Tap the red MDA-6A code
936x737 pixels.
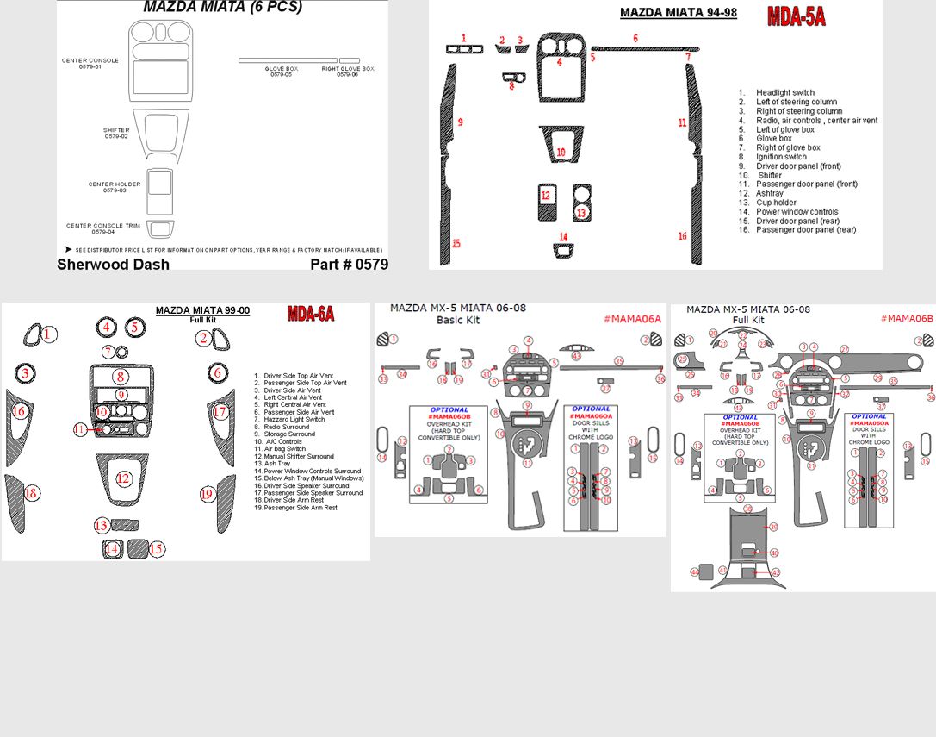tap(310, 314)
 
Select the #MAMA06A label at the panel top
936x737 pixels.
tap(632, 319)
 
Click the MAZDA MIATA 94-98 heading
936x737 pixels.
tap(678, 13)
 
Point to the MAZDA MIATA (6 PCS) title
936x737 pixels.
tap(222, 7)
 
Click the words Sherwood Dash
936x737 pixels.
tap(113, 265)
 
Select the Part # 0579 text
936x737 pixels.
tap(349, 265)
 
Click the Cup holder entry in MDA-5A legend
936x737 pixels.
tap(775, 203)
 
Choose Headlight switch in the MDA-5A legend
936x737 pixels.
tap(784, 92)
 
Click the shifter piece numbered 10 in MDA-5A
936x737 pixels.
tap(561, 152)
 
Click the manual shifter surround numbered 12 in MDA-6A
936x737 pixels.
tap(124, 478)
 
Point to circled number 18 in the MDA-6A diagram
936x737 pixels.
tap(32, 494)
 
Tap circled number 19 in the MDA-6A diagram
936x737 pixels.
tap(207, 494)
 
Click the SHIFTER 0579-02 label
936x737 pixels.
tap(116, 134)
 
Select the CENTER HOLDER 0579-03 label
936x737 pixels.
tap(114, 187)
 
